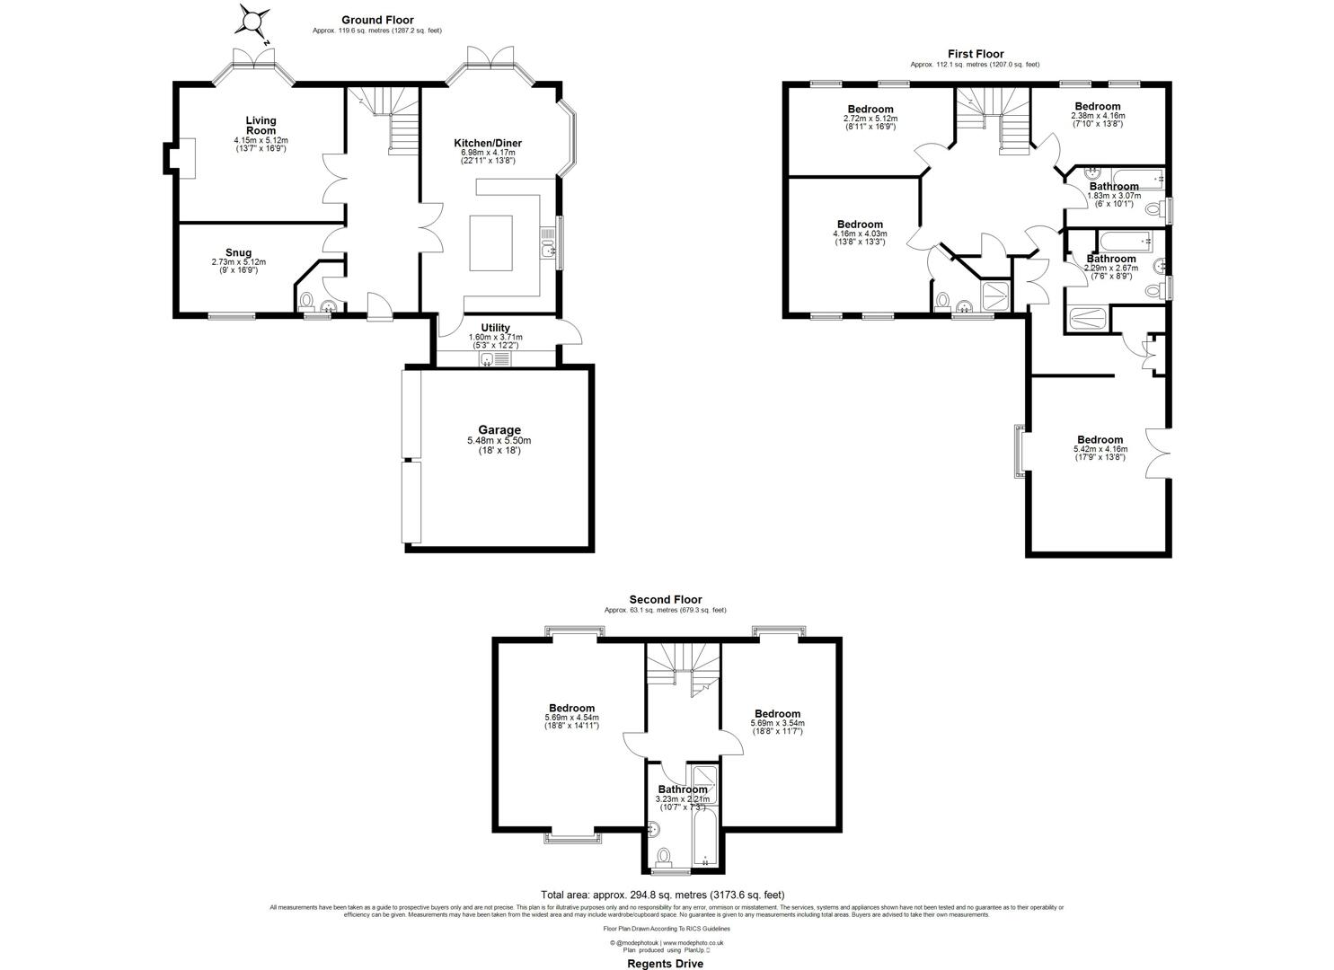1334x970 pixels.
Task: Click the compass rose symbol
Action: (x=255, y=21)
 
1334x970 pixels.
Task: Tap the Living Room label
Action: (x=261, y=125)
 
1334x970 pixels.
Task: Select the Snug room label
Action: (x=238, y=253)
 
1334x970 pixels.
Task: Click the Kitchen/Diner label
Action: (x=487, y=143)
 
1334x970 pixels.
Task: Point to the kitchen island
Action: (x=490, y=243)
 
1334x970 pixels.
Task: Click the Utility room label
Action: (x=495, y=328)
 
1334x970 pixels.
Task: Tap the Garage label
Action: (x=499, y=430)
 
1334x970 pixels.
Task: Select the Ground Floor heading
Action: (x=377, y=20)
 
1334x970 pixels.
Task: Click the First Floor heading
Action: (x=975, y=54)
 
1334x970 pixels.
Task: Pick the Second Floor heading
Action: (x=665, y=599)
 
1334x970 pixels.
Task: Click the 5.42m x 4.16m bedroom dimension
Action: (x=1100, y=449)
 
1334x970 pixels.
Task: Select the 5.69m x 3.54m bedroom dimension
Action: (x=777, y=723)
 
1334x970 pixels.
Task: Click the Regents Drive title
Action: (x=665, y=964)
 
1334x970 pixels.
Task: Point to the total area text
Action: (x=662, y=895)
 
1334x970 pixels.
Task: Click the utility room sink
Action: (x=488, y=359)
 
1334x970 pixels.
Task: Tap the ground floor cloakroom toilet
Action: (x=306, y=299)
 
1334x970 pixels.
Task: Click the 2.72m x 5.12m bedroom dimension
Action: (x=870, y=118)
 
